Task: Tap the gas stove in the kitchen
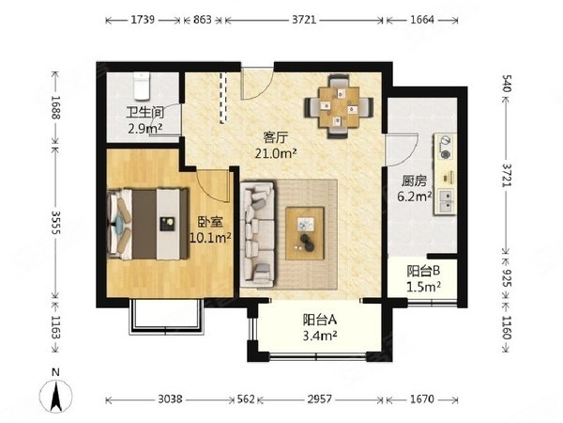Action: (445, 147)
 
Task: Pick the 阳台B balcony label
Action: (419, 269)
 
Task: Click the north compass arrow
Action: (56, 393)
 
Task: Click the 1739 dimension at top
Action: (144, 19)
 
